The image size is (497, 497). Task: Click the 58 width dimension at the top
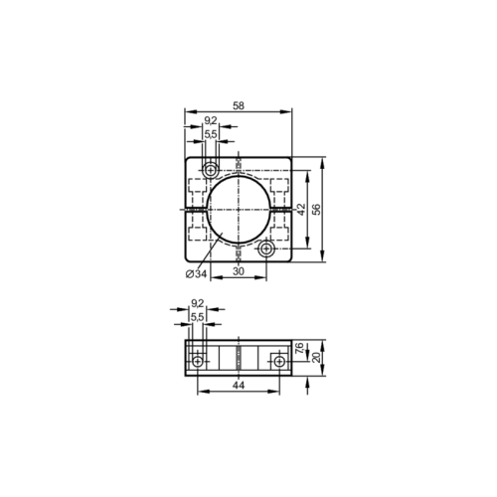pyautogui.click(x=238, y=104)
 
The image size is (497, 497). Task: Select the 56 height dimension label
pyautogui.click(x=317, y=209)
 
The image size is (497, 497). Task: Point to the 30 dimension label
pyautogui.click(x=239, y=269)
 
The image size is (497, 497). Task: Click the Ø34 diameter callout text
pyautogui.click(x=195, y=273)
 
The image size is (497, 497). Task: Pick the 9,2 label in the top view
pyautogui.click(x=210, y=121)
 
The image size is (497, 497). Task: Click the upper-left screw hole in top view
pyautogui.click(x=211, y=169)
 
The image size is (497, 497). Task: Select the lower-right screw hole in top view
pyautogui.click(x=266, y=249)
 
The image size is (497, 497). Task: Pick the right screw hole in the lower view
pyautogui.click(x=279, y=363)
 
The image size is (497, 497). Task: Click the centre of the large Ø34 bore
pyautogui.click(x=239, y=210)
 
